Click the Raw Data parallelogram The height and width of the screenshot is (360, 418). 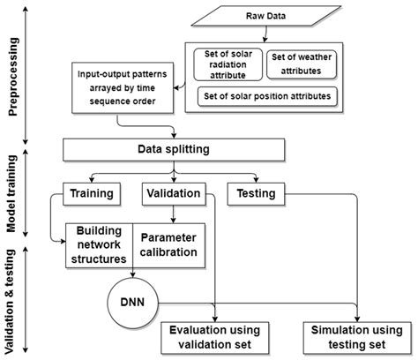click(302, 16)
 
